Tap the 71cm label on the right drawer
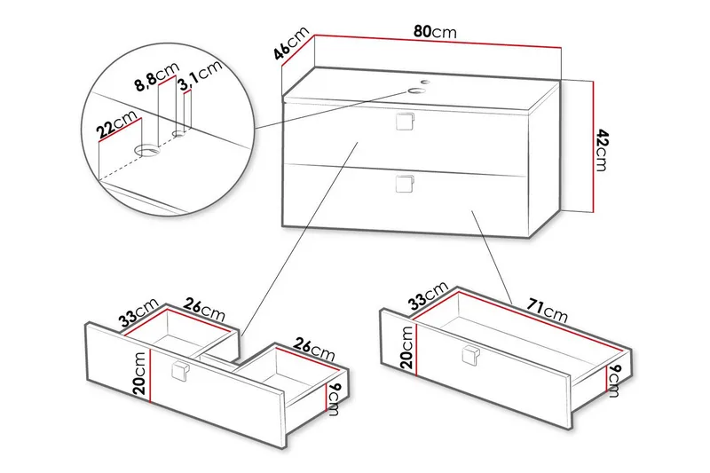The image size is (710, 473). click(x=542, y=309)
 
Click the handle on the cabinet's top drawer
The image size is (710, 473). click(x=406, y=122)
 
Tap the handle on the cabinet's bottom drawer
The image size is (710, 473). click(x=406, y=184)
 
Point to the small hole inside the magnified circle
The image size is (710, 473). click(x=180, y=135)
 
